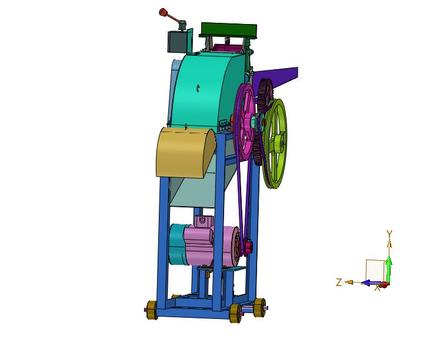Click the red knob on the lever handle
163,12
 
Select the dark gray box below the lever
177,42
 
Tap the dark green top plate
229,30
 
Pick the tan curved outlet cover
185,153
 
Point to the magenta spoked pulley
244,122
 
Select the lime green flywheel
275,143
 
